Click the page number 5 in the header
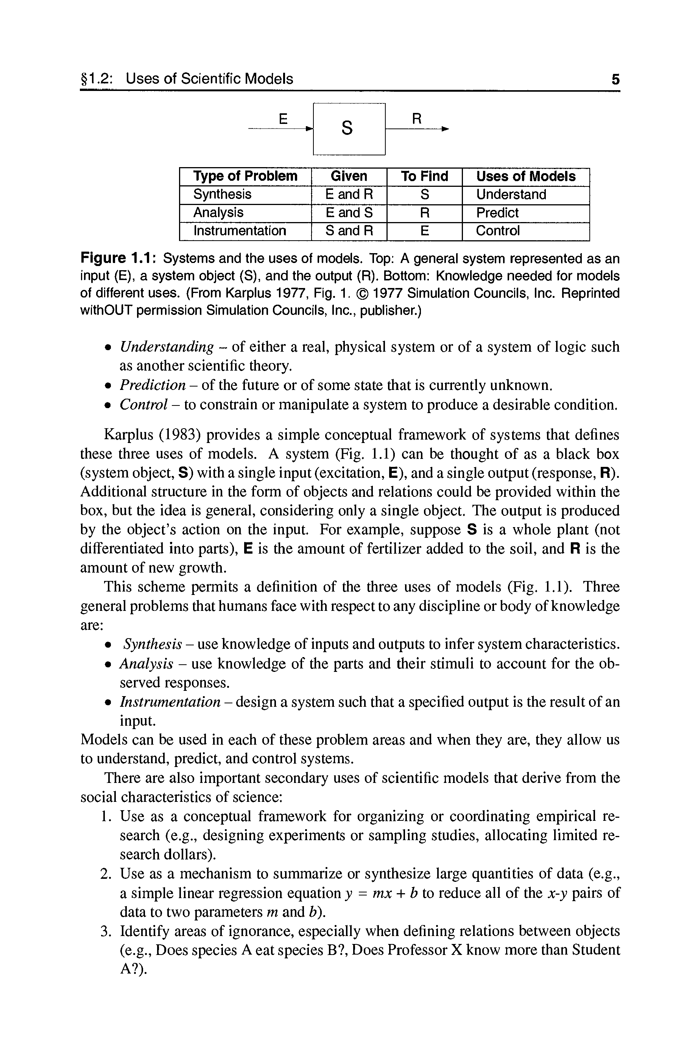pyautogui.click(x=615, y=79)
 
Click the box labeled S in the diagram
pyautogui.click(x=349, y=129)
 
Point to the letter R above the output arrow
pyautogui.click(x=416, y=119)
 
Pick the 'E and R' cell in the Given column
pyautogui.click(x=349, y=195)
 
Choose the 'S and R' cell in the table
pyautogui.click(x=349, y=231)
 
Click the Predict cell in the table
pyautogui.click(x=497, y=213)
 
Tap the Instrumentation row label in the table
pyautogui.click(x=240, y=231)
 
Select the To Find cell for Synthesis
pyautogui.click(x=425, y=195)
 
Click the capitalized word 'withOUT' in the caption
pyautogui.click(x=106, y=310)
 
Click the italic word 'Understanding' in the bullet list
pyautogui.click(x=167, y=347)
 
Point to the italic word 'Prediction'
pyautogui.click(x=152, y=385)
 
